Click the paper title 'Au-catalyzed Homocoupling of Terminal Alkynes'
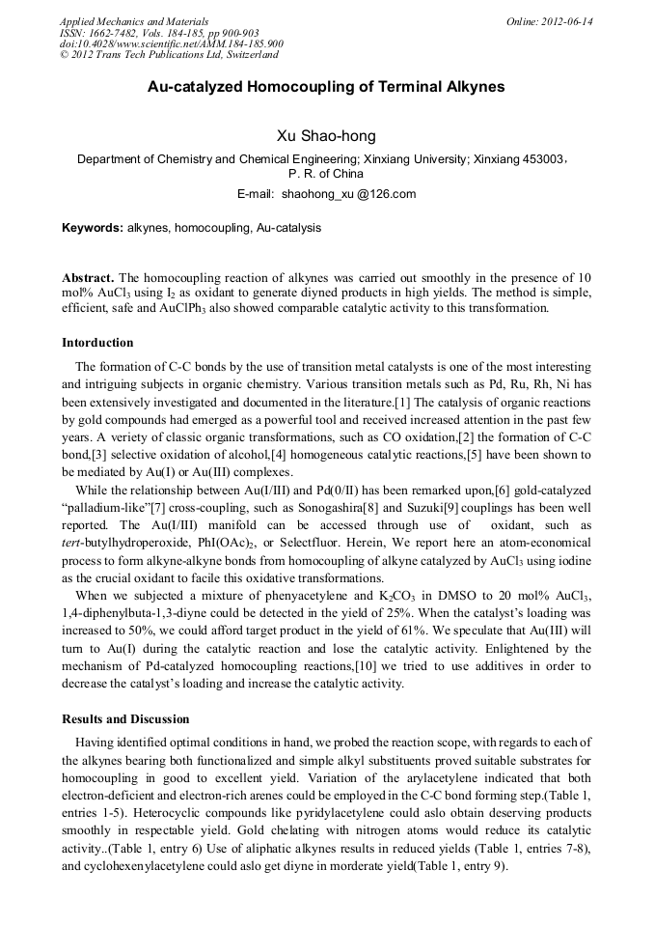point(326,87)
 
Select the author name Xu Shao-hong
point(326,136)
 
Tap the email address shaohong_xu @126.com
point(348,194)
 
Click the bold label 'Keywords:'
point(93,228)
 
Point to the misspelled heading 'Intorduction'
point(97,343)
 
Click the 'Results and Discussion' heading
point(125,719)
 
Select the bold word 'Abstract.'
point(88,276)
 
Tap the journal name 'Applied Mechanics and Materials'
point(134,21)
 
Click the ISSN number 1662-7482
point(122,33)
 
